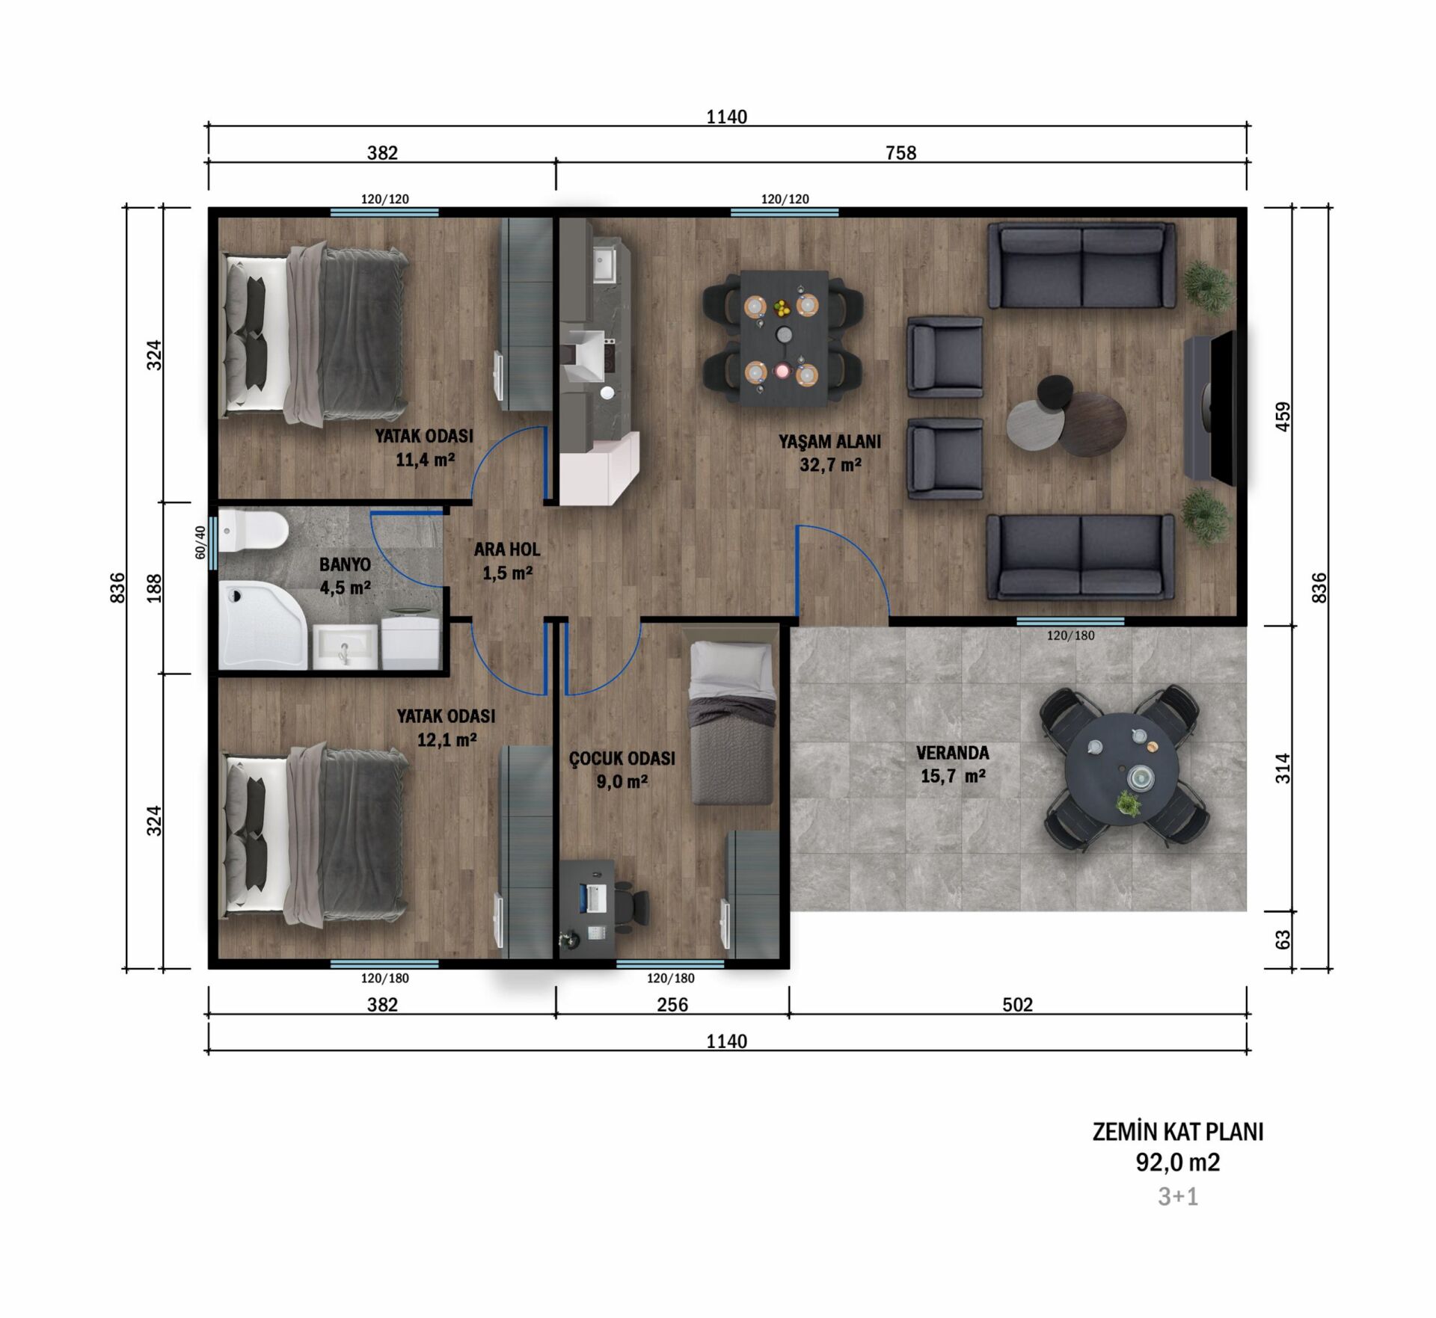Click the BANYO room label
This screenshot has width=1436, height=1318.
click(345, 564)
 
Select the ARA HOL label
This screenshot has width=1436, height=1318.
click(507, 549)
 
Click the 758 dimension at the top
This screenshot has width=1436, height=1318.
click(900, 153)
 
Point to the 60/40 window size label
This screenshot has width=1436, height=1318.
click(200, 542)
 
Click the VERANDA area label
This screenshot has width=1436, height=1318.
click(952, 753)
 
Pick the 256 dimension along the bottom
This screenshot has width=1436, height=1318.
click(672, 1005)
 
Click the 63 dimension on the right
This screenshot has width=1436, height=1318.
click(1283, 940)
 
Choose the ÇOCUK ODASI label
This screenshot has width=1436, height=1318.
click(622, 758)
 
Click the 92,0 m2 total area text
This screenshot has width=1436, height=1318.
click(1178, 1163)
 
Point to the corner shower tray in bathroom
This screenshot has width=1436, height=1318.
click(262, 626)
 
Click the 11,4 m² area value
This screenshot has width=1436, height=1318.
click(425, 460)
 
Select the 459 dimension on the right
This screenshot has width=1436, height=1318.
click(1283, 416)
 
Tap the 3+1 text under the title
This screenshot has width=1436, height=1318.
click(1178, 1197)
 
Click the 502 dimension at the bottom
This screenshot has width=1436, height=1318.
click(1017, 1005)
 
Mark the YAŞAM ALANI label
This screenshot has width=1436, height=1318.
click(829, 441)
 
